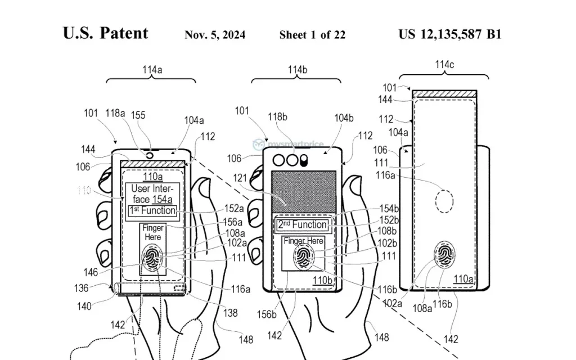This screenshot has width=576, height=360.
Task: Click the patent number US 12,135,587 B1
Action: pos(449,34)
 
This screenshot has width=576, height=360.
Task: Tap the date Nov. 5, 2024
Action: pos(215,35)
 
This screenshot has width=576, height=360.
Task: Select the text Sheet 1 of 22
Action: pos(312,35)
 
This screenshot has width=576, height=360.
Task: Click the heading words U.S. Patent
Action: pos(106,33)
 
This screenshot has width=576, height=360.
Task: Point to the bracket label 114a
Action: pos(152,70)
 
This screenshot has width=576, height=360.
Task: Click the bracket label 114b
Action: pos(296,70)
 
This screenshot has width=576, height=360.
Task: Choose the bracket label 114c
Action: pos(444,65)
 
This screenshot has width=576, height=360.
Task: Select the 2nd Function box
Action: pos(302,225)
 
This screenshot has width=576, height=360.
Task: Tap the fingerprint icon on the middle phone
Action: pos(303,258)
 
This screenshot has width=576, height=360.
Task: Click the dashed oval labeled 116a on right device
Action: pos(444,201)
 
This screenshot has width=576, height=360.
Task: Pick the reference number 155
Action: pos(138,115)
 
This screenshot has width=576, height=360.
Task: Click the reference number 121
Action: pos(242,178)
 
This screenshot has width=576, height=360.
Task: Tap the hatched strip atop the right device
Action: pos(444,94)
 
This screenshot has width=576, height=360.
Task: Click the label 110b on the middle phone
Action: pos(323,279)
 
